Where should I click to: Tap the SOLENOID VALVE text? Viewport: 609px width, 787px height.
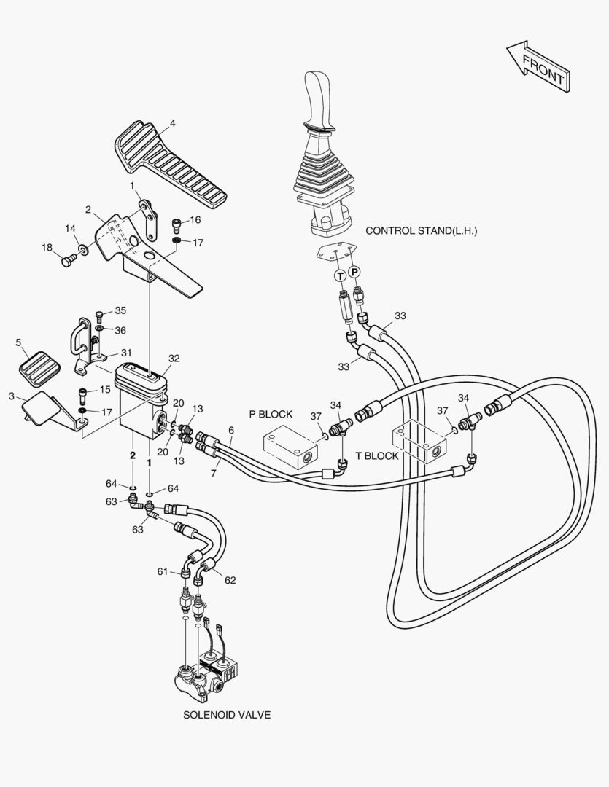[227, 715]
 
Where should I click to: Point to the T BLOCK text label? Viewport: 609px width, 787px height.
[377, 456]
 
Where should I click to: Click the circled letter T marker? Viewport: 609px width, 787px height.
[340, 275]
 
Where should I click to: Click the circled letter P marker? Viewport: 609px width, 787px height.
[354, 271]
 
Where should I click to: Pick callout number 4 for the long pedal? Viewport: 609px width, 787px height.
[173, 122]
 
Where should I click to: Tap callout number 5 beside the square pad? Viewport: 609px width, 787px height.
[18, 342]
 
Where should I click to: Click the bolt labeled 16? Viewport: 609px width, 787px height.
[176, 223]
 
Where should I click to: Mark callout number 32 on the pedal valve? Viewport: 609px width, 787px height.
[174, 359]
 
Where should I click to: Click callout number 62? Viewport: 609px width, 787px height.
[230, 581]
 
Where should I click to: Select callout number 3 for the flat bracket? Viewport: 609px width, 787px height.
[11, 396]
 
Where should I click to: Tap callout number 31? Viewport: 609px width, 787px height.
[126, 353]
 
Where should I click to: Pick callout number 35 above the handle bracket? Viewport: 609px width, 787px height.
[120, 311]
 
